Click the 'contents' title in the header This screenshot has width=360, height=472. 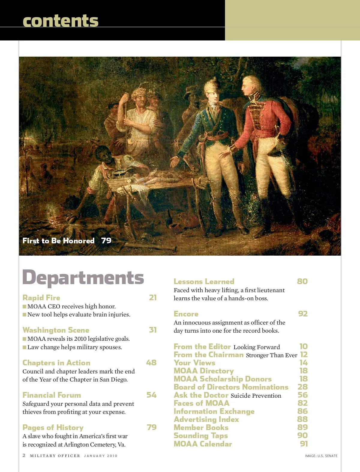(x=60, y=21)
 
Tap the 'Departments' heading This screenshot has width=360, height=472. (x=83, y=278)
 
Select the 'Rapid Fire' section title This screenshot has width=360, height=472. (x=41, y=298)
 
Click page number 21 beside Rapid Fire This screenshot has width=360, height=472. (x=153, y=298)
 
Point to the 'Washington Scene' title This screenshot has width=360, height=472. (x=56, y=330)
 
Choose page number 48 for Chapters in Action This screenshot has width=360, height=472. (x=151, y=363)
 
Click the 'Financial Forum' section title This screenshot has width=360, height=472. (x=52, y=395)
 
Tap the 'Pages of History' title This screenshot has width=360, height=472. (x=53, y=427)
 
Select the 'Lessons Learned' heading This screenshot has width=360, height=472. (x=204, y=281)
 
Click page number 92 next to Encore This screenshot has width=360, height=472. (x=303, y=314)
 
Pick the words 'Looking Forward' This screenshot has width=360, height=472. (x=256, y=347)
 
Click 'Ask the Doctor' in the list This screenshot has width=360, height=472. (x=201, y=395)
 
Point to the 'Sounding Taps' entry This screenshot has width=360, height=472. (x=201, y=436)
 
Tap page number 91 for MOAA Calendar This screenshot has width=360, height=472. (x=304, y=444)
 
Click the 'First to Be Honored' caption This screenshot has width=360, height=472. (x=58, y=241)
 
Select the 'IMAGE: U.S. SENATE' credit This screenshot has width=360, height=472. (x=321, y=456)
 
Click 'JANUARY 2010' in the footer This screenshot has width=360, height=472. (x=100, y=456)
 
